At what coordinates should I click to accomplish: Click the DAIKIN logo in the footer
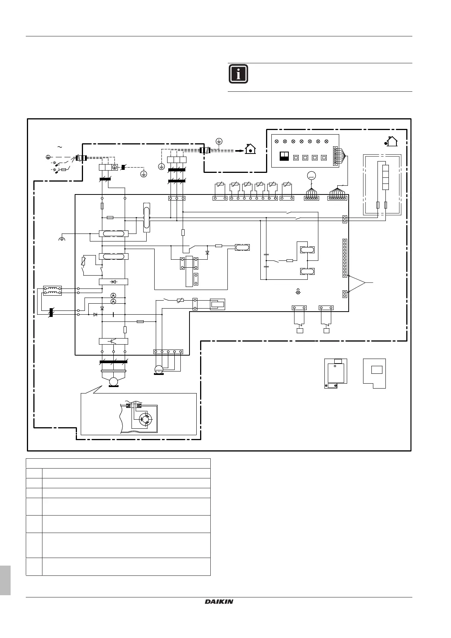219,601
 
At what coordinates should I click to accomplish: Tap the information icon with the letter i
238,74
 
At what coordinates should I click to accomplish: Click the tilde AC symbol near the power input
60,147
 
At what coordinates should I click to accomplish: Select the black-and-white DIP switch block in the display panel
284,157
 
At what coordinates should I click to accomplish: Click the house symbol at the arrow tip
250,149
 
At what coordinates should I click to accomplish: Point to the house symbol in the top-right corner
391,142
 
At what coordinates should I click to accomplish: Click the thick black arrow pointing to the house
239,150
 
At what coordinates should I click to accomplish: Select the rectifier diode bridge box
113,282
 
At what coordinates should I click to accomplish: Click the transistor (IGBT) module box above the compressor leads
113,341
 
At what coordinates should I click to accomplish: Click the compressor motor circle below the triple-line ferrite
113,381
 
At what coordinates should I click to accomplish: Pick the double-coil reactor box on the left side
52,291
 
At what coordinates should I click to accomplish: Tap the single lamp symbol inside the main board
298,292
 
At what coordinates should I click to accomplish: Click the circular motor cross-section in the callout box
146,419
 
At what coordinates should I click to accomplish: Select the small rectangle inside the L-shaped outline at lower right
376,370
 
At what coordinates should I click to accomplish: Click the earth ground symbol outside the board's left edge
62,239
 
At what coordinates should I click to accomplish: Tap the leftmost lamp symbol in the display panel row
276,141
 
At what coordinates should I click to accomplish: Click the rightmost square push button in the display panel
323,157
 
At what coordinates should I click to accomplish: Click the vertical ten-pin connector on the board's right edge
345,258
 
